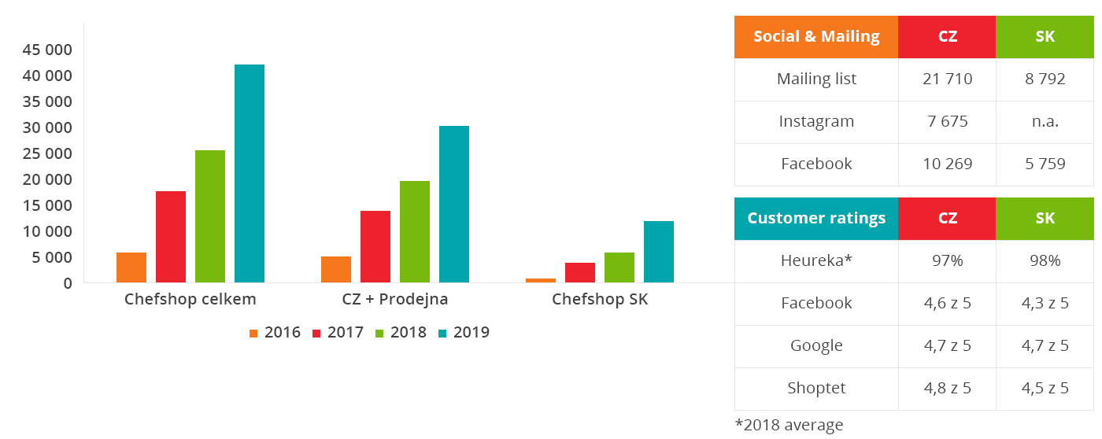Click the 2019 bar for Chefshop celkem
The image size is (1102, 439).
pyautogui.click(x=250, y=173)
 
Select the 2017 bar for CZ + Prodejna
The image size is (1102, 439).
pyautogui.click(x=375, y=246)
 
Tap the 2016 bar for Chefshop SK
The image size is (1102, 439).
pyautogui.click(x=541, y=280)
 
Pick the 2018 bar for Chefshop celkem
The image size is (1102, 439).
pyautogui.click(x=210, y=216)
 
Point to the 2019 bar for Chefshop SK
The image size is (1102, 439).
pyautogui.click(x=659, y=252)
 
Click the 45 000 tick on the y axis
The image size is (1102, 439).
pyautogui.click(x=47, y=50)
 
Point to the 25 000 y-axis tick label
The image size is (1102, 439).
pyautogui.click(x=47, y=153)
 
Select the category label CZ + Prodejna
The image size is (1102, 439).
pyautogui.click(x=395, y=300)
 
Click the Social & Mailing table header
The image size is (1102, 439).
pyautogui.click(x=816, y=37)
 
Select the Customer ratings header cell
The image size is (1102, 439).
pyautogui.click(x=816, y=219)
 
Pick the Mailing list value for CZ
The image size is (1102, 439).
pyautogui.click(x=947, y=79)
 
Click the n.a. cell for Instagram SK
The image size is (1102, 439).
pyautogui.click(x=1045, y=122)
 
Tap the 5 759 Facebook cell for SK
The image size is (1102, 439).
pyautogui.click(x=1045, y=164)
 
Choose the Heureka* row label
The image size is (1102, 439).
pyautogui.click(x=816, y=261)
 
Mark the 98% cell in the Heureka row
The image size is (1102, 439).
pyautogui.click(x=1045, y=261)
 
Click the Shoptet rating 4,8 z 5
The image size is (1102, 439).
pyautogui.click(x=947, y=389)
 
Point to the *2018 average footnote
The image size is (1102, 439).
pyautogui.click(x=789, y=426)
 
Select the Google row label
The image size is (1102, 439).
pyautogui.click(x=816, y=346)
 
